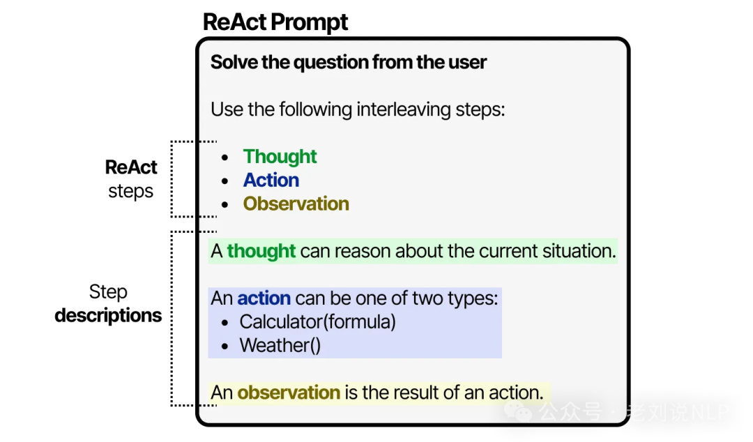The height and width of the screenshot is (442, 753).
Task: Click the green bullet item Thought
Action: (280, 157)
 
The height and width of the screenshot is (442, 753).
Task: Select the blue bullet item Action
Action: (271, 181)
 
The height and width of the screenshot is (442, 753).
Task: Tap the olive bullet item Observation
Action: (296, 204)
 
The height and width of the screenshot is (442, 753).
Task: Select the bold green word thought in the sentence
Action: (261, 251)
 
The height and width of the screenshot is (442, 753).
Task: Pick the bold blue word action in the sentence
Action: (264, 298)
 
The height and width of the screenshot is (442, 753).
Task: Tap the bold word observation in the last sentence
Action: (289, 393)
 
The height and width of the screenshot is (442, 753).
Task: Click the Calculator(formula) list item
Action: (317, 322)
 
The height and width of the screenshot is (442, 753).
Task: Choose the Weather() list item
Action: (280, 346)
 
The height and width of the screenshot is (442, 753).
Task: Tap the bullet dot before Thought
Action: (225, 158)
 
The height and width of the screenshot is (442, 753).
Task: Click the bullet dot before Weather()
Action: (225, 346)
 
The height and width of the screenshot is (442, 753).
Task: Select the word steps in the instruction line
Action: (480, 109)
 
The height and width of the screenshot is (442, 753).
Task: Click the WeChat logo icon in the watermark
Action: (516, 411)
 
